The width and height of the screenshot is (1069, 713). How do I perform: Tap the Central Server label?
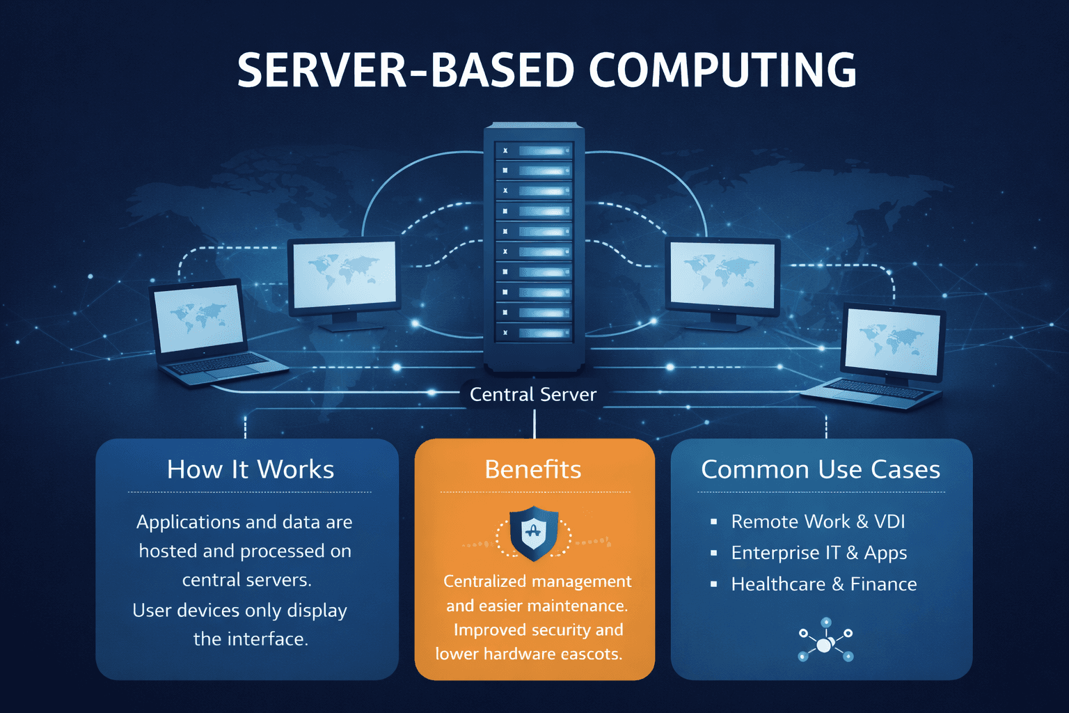[533, 394]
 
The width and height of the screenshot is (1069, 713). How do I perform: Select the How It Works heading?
[251, 469]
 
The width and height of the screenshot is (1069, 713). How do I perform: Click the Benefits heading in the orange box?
[533, 469]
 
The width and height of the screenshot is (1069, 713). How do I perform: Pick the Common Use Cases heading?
[821, 469]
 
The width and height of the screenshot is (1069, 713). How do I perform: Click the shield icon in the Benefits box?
[534, 533]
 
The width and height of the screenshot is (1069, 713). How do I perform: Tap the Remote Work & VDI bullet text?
[818, 522]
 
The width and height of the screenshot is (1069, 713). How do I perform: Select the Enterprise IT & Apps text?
[818, 553]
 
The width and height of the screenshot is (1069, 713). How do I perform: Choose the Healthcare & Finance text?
[824, 584]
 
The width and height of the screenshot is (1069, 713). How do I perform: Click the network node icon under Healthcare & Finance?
[825, 641]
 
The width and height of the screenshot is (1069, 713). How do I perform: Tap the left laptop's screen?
[199, 318]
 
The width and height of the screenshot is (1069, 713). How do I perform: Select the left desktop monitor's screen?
[345, 274]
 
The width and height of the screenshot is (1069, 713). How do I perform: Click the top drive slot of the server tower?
[534, 150]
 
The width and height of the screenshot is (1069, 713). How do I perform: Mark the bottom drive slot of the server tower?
[534, 333]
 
